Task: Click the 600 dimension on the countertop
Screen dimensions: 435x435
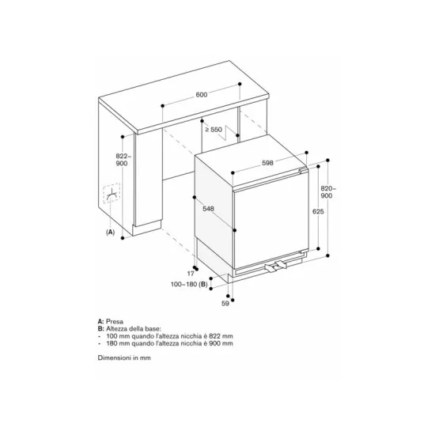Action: [201, 95]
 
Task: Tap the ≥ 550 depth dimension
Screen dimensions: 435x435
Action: [213, 128]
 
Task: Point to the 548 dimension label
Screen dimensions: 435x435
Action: [208, 210]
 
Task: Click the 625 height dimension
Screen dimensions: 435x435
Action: [315, 212]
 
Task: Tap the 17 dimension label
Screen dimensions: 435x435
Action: [191, 273]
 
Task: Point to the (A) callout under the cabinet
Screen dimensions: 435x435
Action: [110, 233]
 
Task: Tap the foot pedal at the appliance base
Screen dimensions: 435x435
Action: [274, 267]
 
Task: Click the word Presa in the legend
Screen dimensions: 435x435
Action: [115, 322]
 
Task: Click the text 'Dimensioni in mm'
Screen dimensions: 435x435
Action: [124, 357]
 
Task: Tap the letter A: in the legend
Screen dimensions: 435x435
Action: [100, 322]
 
